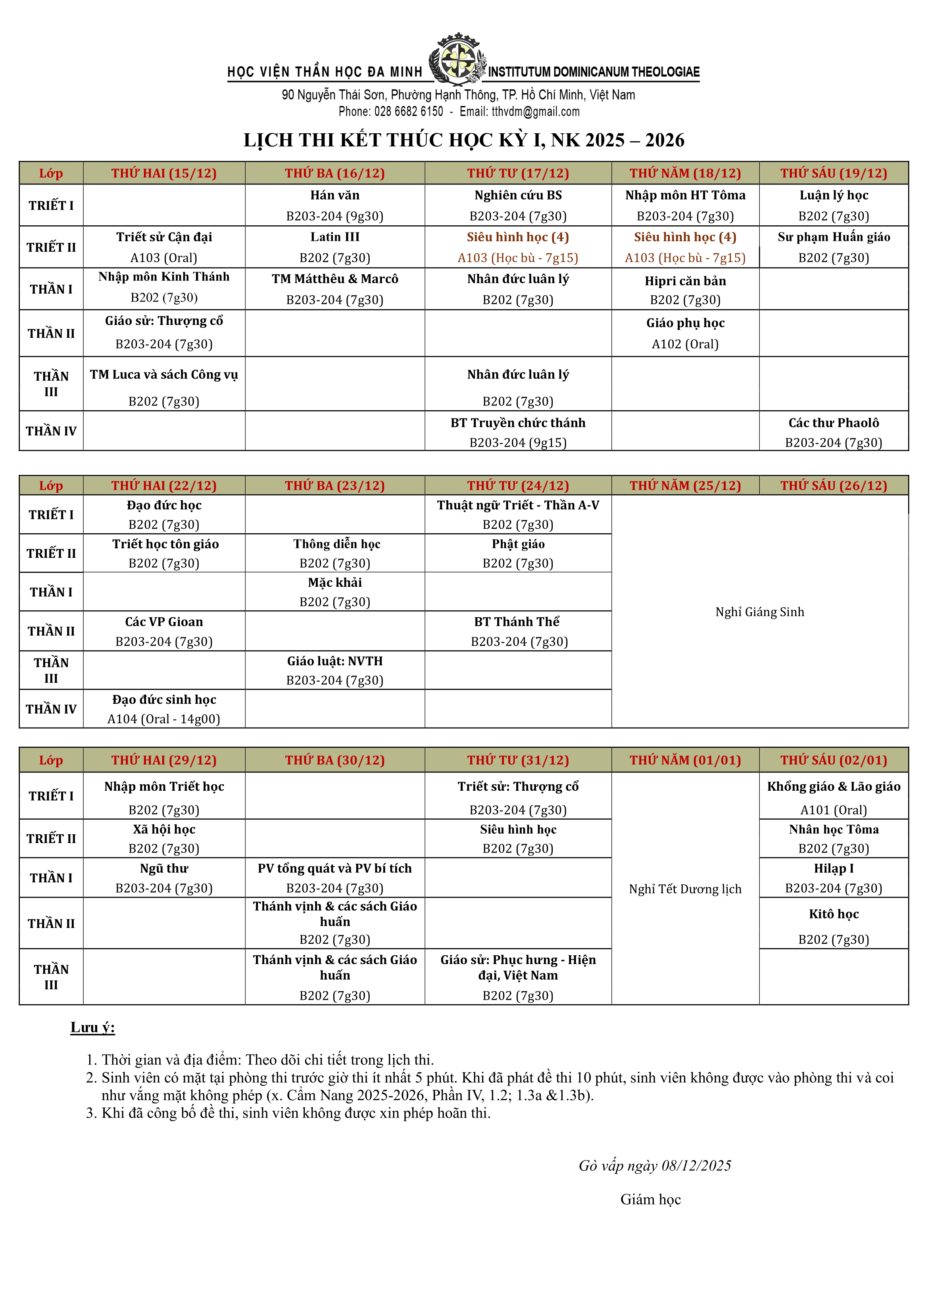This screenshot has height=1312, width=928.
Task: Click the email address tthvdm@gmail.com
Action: tap(536, 112)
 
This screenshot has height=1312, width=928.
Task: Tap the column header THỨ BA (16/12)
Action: tap(335, 173)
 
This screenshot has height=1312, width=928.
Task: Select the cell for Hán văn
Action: tap(335, 205)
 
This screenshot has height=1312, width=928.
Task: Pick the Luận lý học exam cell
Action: tap(833, 205)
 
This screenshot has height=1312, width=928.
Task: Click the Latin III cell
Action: tap(335, 247)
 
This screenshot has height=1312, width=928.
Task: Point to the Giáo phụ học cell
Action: tap(685, 333)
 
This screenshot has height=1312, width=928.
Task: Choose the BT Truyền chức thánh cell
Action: tap(518, 431)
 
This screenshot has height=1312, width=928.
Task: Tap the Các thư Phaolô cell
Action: tap(833, 431)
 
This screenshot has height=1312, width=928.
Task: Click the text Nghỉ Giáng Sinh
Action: tap(759, 612)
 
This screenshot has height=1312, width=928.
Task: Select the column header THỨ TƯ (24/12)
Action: tap(518, 486)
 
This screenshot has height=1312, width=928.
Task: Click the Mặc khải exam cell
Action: tap(335, 592)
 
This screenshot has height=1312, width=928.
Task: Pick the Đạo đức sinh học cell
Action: tap(164, 709)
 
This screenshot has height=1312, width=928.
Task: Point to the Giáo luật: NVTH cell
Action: tap(335, 670)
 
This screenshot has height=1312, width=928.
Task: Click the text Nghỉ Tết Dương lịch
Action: tap(685, 889)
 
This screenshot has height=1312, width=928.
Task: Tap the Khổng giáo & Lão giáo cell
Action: tap(833, 796)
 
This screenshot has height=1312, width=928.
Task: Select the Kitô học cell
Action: tap(833, 923)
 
